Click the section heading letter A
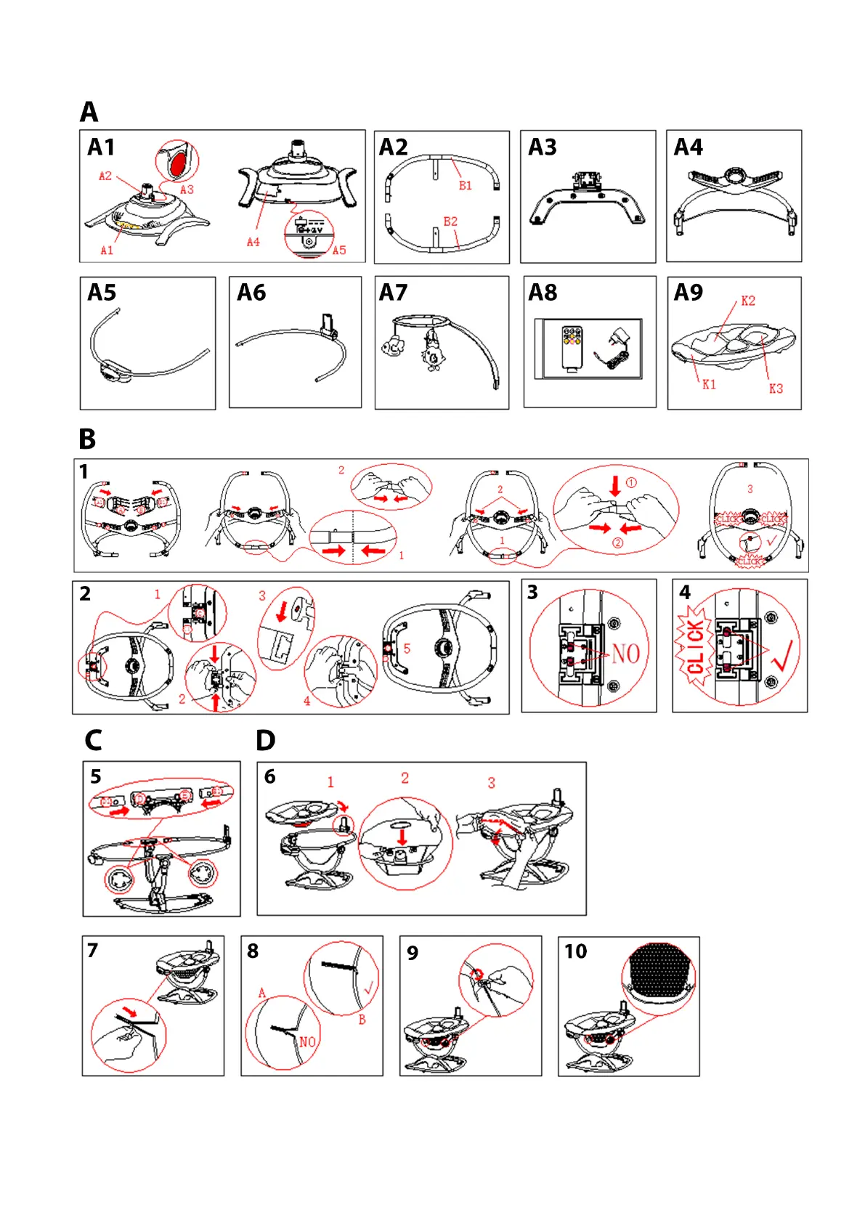(x=89, y=113)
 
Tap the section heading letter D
(x=265, y=741)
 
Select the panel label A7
(x=393, y=293)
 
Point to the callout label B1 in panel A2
(x=465, y=186)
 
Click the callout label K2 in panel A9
(x=747, y=301)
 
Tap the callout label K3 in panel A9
(x=776, y=389)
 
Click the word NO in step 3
(x=625, y=654)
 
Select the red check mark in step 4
(x=784, y=654)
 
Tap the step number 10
(x=575, y=951)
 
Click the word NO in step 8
(x=307, y=1042)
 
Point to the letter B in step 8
(x=362, y=1020)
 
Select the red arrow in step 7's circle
(x=130, y=1012)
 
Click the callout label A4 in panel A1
(x=253, y=242)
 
